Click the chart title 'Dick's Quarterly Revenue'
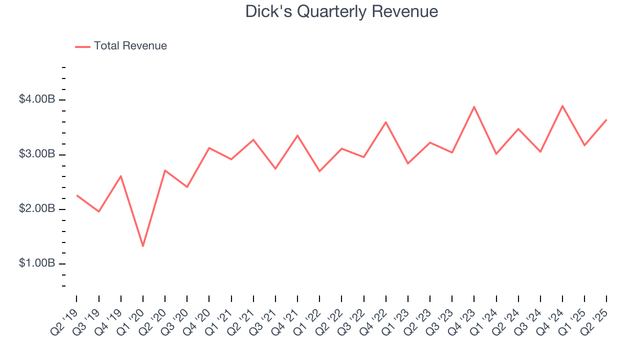tap(341, 11)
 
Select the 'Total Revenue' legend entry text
tap(130, 46)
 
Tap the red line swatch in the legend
tap(82, 46)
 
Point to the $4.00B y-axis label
tap(36, 99)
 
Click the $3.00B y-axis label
tap(36, 154)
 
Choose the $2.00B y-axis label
tap(36, 208)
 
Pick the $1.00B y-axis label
tap(36, 263)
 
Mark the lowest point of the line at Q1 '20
tap(143, 246)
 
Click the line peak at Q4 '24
tap(562, 106)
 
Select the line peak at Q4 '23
tap(474, 106)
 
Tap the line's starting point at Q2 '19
tap(76, 195)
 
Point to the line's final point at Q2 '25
tap(606, 119)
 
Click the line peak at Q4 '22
tap(386, 122)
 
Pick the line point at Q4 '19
tap(121, 176)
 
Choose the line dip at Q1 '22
tap(319, 171)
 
